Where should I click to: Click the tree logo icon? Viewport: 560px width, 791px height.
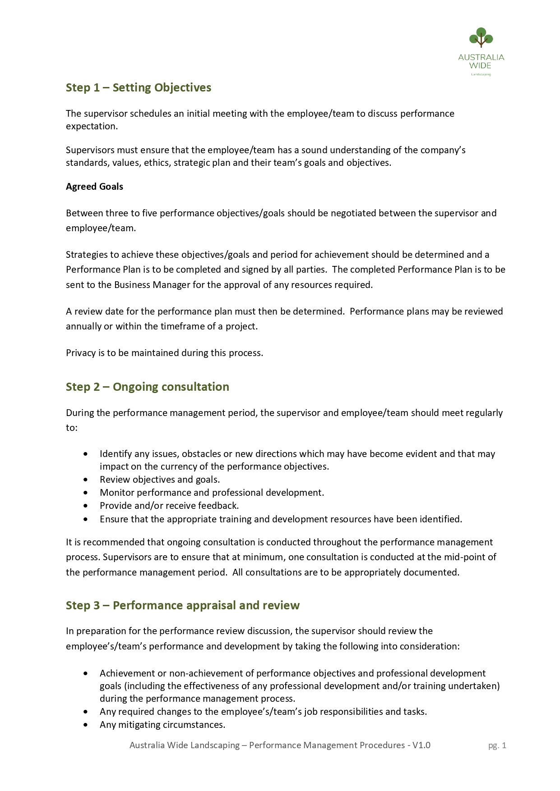[x=481, y=38]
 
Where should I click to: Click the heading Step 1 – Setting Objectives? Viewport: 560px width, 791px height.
[x=139, y=87]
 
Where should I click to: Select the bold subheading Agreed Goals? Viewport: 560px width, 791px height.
[x=94, y=187]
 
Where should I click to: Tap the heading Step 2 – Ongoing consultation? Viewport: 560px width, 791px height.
[x=148, y=387]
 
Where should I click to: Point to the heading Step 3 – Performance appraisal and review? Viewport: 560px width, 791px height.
[x=183, y=605]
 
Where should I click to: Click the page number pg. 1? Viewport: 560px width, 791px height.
[x=497, y=745]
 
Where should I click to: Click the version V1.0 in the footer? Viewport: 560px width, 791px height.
[x=421, y=745]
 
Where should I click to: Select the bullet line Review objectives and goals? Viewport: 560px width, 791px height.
[x=160, y=480]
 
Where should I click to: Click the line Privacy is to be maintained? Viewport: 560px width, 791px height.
[x=164, y=353]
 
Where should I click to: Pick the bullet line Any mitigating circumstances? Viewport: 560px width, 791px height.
[x=162, y=725]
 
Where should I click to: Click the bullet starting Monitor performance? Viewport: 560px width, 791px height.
[x=212, y=493]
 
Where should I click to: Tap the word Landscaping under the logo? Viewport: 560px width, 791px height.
[x=481, y=74]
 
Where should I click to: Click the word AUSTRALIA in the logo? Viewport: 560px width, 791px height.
[x=481, y=57]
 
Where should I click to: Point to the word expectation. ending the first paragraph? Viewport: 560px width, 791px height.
[x=92, y=126]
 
